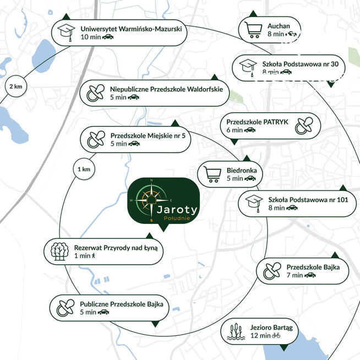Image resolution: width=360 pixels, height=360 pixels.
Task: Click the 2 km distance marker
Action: (16, 86)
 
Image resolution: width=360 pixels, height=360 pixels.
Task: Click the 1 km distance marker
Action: (84, 169)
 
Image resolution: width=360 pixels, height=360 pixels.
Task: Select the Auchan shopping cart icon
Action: (253, 30)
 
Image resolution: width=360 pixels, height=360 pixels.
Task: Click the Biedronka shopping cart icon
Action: (212, 174)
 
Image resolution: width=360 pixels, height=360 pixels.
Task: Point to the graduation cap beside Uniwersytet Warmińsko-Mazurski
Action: (66, 32)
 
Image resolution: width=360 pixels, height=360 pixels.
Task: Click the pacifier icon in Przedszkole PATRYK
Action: (304, 126)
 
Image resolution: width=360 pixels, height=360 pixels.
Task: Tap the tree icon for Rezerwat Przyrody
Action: (59, 252)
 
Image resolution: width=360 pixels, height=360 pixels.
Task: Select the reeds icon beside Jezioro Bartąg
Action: (234, 331)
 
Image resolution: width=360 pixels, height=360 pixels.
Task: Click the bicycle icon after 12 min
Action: (276, 335)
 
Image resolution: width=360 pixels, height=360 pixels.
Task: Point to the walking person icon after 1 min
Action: (93, 255)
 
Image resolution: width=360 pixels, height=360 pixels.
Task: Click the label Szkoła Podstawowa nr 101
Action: (308, 200)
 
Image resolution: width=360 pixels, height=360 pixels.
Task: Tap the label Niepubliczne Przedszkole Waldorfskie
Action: (166, 89)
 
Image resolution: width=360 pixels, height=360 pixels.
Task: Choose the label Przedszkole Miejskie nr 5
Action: (148, 136)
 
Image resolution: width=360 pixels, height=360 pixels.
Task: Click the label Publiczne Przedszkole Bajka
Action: (122, 304)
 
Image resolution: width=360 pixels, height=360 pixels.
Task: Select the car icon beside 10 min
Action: (108, 37)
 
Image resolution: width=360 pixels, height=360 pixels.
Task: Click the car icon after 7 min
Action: (310, 275)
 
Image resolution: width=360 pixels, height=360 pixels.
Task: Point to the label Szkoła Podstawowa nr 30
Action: (301, 64)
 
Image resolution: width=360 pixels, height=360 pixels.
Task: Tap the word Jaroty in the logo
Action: (177, 210)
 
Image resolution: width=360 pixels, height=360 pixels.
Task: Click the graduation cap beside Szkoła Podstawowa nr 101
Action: (254, 204)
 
